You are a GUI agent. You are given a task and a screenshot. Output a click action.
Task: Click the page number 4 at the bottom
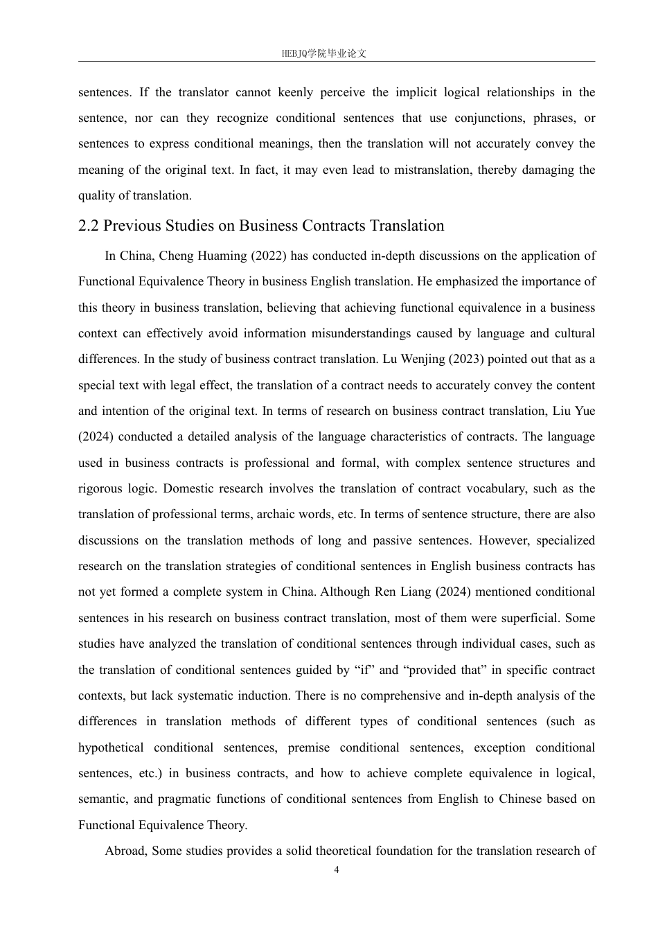337,870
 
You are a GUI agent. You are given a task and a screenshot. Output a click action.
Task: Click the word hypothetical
111,747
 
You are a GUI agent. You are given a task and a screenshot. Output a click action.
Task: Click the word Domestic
188,488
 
